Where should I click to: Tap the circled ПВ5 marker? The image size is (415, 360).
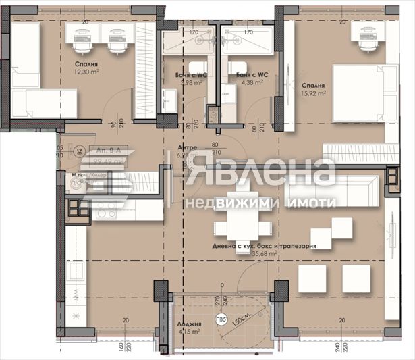(221, 322)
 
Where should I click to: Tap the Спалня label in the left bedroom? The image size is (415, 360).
(85, 66)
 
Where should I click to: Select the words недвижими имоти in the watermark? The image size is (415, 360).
(260, 203)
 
